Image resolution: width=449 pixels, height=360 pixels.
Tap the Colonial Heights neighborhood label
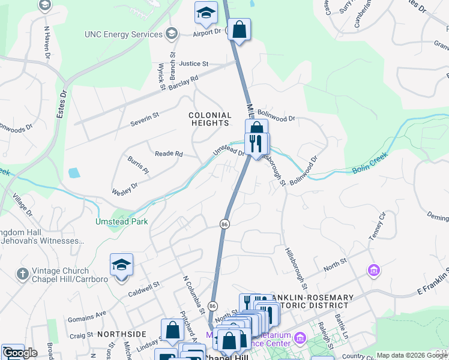pos(210,119)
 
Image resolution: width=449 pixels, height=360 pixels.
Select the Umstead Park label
pos(121,221)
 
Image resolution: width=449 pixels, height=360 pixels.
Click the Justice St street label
pos(193,63)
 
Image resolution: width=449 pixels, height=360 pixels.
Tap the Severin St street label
pos(144,119)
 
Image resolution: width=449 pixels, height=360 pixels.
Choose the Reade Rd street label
pos(169,154)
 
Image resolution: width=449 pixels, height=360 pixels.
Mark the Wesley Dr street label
pos(125,188)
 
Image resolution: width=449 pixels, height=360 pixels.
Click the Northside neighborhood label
pos(122,334)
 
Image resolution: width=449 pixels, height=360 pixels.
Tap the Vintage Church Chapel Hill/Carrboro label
pos(62,275)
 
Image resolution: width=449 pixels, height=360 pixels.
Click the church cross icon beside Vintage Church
pos(23,274)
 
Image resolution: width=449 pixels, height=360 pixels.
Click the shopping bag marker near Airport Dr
pos(239,29)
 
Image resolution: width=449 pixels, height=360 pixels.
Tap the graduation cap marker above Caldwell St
pos(121,265)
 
